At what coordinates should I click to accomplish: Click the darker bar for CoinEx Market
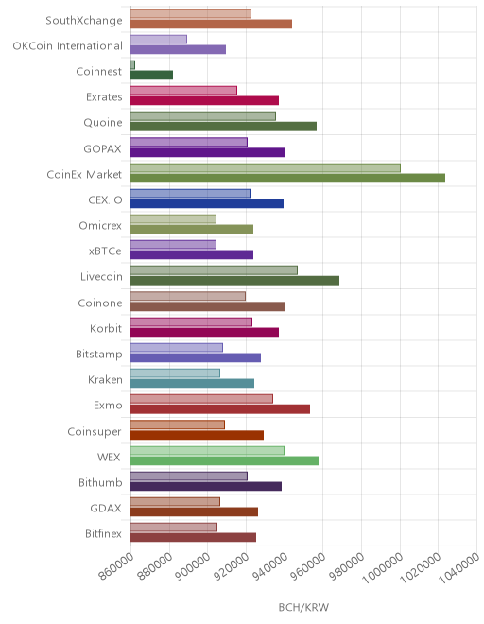click(287, 178)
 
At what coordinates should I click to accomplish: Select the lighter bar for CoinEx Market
click(266, 168)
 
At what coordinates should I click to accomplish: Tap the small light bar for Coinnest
click(133, 65)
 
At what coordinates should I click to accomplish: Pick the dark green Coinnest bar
click(151, 76)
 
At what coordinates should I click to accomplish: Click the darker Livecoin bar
click(234, 281)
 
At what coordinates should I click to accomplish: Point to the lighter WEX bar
click(207, 450)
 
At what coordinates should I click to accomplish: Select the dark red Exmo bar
click(220, 409)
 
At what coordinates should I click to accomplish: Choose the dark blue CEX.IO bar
click(207, 204)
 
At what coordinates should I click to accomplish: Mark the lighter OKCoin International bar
click(159, 40)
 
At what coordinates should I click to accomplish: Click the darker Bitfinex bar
click(194, 538)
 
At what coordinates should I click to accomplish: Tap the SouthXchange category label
click(84, 20)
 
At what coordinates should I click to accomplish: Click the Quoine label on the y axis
click(103, 123)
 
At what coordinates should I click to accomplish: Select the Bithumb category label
click(100, 483)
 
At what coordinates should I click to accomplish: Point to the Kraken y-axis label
click(105, 380)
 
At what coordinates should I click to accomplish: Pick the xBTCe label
click(105, 251)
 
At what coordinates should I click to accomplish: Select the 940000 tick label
click(270, 566)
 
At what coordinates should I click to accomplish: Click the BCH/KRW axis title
click(303, 607)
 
